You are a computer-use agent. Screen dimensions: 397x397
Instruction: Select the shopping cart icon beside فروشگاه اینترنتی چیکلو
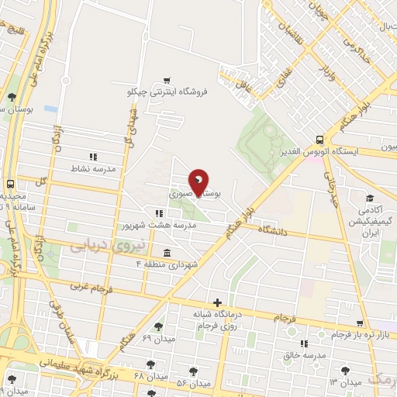coord(167,80)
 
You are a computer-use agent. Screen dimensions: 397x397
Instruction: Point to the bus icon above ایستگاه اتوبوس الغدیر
coord(320,140)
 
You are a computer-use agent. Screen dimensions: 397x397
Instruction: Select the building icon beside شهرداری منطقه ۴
coord(167,253)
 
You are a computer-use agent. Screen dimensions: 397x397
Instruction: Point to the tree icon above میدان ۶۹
coord(159,326)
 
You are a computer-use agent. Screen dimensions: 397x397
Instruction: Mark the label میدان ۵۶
coord(194,383)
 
